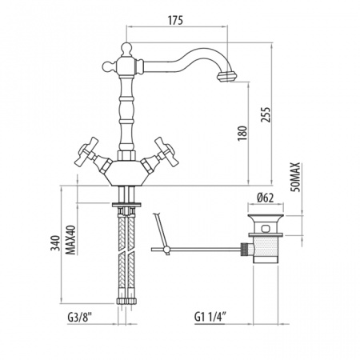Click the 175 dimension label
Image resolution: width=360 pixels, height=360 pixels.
(x=175, y=20)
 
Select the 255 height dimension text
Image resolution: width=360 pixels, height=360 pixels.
(x=266, y=114)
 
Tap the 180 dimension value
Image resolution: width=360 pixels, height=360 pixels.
(x=242, y=134)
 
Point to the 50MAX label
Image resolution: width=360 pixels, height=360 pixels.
(x=296, y=177)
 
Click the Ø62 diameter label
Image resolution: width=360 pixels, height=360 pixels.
(x=266, y=198)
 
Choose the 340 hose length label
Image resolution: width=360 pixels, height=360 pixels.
(x=55, y=243)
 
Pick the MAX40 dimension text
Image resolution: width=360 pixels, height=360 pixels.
(x=70, y=240)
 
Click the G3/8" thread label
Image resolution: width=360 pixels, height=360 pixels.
(x=79, y=318)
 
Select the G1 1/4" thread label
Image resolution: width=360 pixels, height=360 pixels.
(x=210, y=318)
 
